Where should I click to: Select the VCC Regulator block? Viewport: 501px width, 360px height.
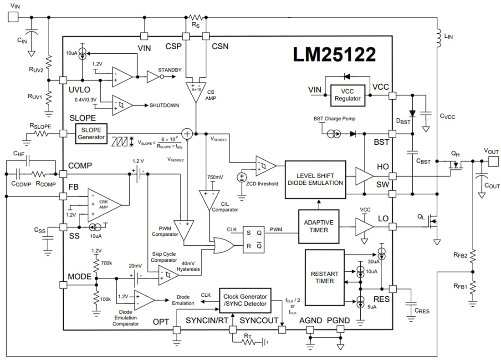348,95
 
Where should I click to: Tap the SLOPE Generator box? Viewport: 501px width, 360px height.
91,133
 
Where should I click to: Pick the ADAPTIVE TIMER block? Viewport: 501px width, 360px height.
318,226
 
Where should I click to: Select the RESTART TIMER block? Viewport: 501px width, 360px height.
324,278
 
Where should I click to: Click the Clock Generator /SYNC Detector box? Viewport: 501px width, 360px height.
245,300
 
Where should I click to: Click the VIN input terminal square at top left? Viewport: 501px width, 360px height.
13,17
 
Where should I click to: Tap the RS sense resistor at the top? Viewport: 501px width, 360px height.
195,17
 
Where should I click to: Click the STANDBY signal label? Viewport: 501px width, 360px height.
169,70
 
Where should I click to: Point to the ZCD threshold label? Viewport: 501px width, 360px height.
261,184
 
